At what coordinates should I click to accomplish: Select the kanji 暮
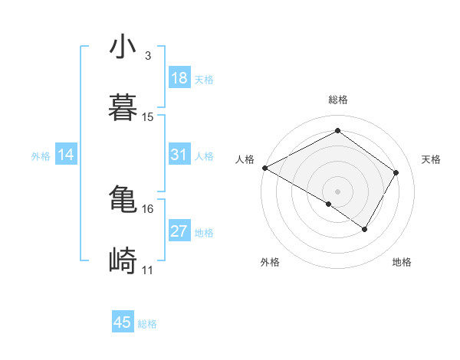point(123,108)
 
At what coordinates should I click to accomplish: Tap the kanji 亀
point(123,200)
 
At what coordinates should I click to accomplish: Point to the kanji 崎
point(123,261)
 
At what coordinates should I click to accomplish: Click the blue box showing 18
point(179,78)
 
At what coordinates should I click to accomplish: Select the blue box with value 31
point(179,155)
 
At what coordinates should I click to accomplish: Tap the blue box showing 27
point(179,231)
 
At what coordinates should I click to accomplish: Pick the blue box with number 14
point(66,155)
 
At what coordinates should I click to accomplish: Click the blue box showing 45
point(123,322)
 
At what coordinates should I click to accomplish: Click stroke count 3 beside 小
point(147,56)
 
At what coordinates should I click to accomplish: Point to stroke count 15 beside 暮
point(148,117)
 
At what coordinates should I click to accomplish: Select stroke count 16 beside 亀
point(148,208)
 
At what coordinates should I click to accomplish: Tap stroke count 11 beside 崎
point(148,270)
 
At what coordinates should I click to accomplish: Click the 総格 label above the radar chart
point(338,100)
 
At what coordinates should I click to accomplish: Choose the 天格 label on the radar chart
point(431,159)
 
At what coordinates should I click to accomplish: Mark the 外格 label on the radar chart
point(269,262)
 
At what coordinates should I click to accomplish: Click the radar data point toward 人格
point(264,168)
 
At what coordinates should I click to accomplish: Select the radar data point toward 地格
point(365,229)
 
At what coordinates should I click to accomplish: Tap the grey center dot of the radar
point(337,191)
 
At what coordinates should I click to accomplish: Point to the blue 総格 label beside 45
point(147,324)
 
